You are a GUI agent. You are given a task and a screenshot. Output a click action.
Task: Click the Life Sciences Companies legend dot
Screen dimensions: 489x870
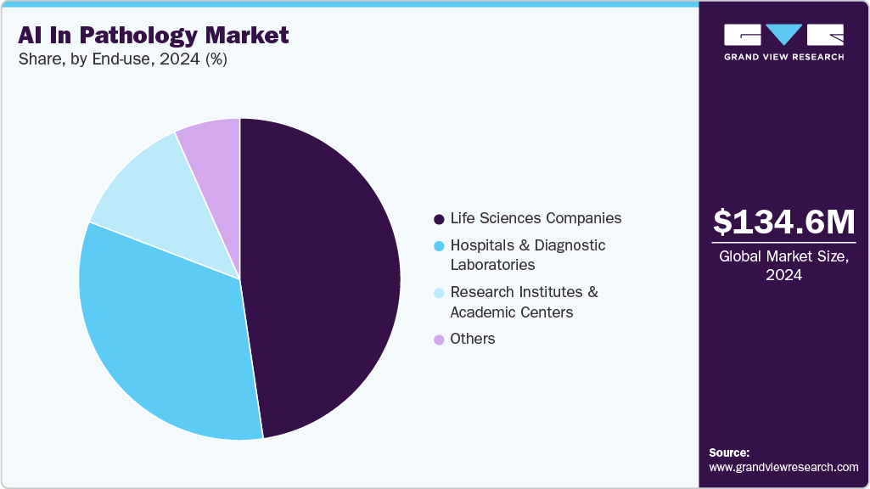pyautogui.click(x=439, y=219)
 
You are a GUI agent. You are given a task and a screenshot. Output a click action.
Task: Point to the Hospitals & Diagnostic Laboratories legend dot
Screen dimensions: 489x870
pyautogui.click(x=439, y=246)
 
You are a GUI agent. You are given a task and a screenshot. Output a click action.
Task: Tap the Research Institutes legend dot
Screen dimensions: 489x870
pyautogui.click(x=439, y=293)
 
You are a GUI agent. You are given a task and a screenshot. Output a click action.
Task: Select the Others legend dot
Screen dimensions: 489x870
pyautogui.click(x=439, y=340)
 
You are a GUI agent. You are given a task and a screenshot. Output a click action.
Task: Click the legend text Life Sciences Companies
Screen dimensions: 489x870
pyautogui.click(x=536, y=218)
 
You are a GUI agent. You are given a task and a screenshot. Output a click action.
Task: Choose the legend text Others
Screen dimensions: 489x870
pyautogui.click(x=473, y=339)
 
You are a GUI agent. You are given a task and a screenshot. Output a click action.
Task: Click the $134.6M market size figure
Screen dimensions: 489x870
pyautogui.click(x=783, y=222)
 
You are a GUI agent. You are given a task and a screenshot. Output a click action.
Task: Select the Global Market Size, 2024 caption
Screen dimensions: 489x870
pyautogui.click(x=783, y=266)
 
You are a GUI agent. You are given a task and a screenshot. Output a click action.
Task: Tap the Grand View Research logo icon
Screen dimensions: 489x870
pyautogui.click(x=783, y=35)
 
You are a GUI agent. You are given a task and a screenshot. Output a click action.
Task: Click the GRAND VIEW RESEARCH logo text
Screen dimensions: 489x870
pyautogui.click(x=783, y=57)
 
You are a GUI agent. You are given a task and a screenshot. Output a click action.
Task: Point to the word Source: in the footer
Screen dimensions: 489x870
pyautogui.click(x=729, y=452)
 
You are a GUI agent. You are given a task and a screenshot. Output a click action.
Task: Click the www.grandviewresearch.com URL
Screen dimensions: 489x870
pyautogui.click(x=783, y=467)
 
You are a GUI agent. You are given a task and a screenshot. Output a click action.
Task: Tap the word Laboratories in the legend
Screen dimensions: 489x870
pyautogui.click(x=492, y=265)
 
